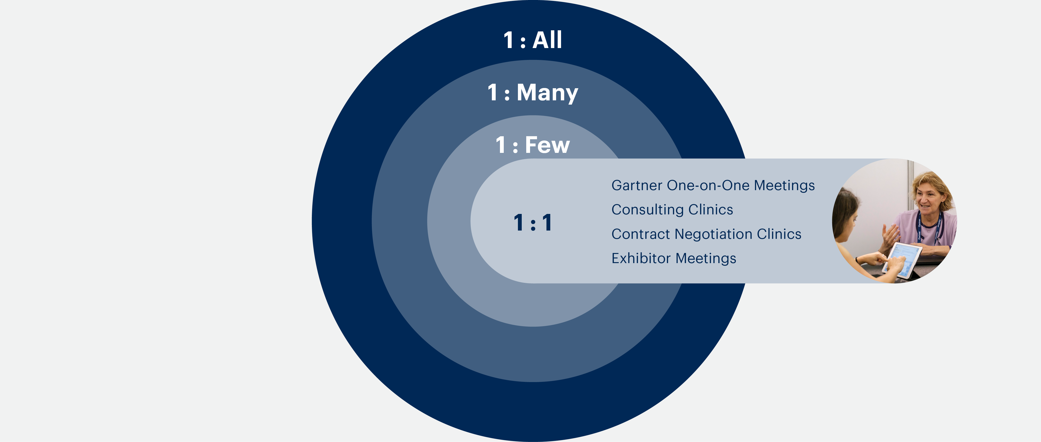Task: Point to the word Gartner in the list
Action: pyautogui.click(x=637, y=185)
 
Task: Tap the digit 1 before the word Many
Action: pyautogui.click(x=493, y=93)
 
